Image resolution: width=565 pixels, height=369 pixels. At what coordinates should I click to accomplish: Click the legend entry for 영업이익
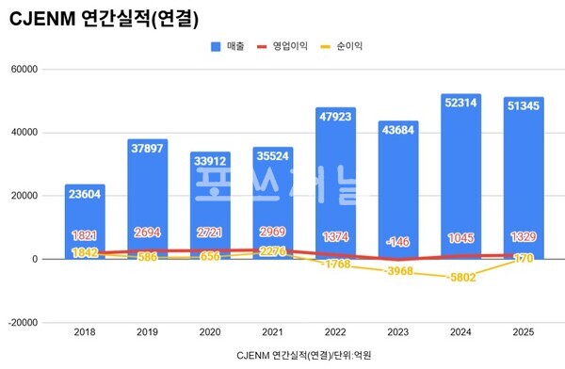(284, 44)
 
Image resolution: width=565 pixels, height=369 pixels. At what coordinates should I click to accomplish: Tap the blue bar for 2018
(85, 221)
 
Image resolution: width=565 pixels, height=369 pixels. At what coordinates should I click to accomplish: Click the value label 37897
(147, 148)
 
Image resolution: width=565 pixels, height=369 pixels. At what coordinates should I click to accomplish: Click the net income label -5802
(460, 277)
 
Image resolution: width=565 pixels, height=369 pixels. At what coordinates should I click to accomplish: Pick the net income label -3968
(397, 271)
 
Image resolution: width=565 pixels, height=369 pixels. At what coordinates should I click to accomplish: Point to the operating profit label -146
(397, 241)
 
